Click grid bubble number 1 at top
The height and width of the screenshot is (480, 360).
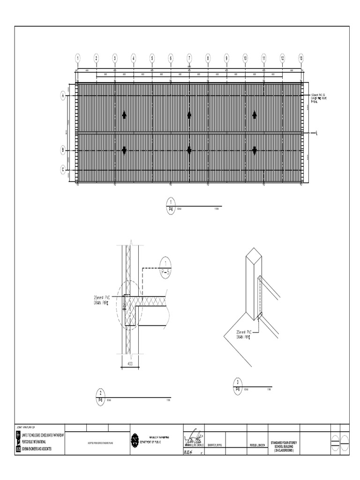pyautogui.click(x=78, y=58)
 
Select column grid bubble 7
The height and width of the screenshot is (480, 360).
pyautogui.click(x=189, y=58)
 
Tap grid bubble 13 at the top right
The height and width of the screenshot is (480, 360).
pyautogui.click(x=301, y=58)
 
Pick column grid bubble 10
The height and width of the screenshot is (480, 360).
pyautogui.click(x=245, y=58)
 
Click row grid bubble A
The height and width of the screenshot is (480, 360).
pyautogui.click(x=62, y=96)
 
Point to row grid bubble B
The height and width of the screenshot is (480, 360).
pyautogui.click(x=62, y=150)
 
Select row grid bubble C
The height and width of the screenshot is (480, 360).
pyautogui.click(x=62, y=169)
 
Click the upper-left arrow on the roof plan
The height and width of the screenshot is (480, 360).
pyautogui.click(x=124, y=114)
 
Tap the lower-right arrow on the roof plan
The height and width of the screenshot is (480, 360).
pyautogui.click(x=255, y=150)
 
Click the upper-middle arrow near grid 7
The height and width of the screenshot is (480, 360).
pyautogui.click(x=189, y=114)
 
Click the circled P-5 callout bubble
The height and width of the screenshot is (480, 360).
pyautogui.click(x=166, y=268)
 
